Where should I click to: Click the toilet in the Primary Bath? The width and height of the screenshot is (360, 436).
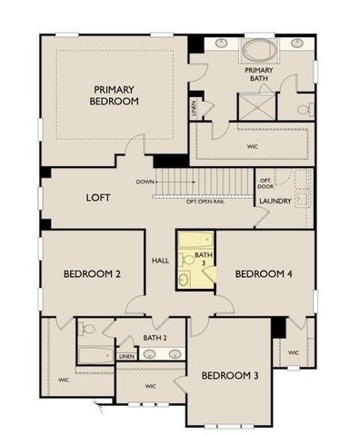coord(305,109)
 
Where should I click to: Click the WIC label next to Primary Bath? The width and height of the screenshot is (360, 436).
coord(252,144)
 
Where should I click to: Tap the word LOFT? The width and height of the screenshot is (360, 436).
coord(98,197)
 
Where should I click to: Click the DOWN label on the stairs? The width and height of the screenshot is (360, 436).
coord(145,182)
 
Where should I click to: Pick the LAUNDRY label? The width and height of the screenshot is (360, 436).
coord(275,201)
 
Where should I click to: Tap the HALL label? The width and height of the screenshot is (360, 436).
coord(161,261)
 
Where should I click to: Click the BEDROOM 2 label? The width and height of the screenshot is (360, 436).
coord(92,273)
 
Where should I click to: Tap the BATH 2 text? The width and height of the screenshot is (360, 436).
coord(155,338)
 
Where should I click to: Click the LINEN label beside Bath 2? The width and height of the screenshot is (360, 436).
coord(126,357)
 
